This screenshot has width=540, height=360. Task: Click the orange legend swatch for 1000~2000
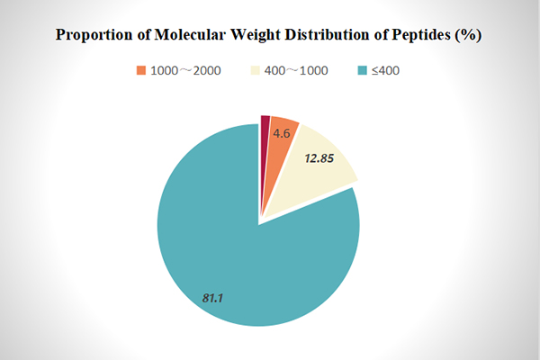tap(140, 70)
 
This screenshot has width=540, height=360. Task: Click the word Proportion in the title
tap(94, 37)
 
